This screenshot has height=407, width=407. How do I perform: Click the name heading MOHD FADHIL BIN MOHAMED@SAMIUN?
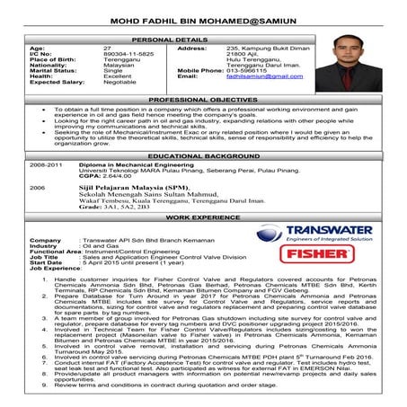tap(203, 22)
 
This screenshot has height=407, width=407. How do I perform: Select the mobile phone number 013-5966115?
tap(247, 70)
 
